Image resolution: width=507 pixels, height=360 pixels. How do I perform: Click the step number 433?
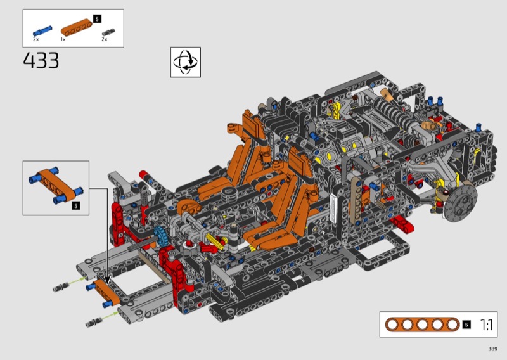41,60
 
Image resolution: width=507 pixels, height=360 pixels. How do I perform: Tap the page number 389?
493,349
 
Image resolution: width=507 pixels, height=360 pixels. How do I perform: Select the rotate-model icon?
186,62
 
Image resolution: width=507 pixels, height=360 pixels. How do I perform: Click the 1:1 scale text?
487,325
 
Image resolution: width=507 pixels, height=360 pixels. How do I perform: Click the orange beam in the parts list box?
76,27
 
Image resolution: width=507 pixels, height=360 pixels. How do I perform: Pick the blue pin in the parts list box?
42,30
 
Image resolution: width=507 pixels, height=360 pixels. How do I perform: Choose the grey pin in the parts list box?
108,32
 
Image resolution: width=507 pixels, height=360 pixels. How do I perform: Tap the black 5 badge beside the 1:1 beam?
466,325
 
